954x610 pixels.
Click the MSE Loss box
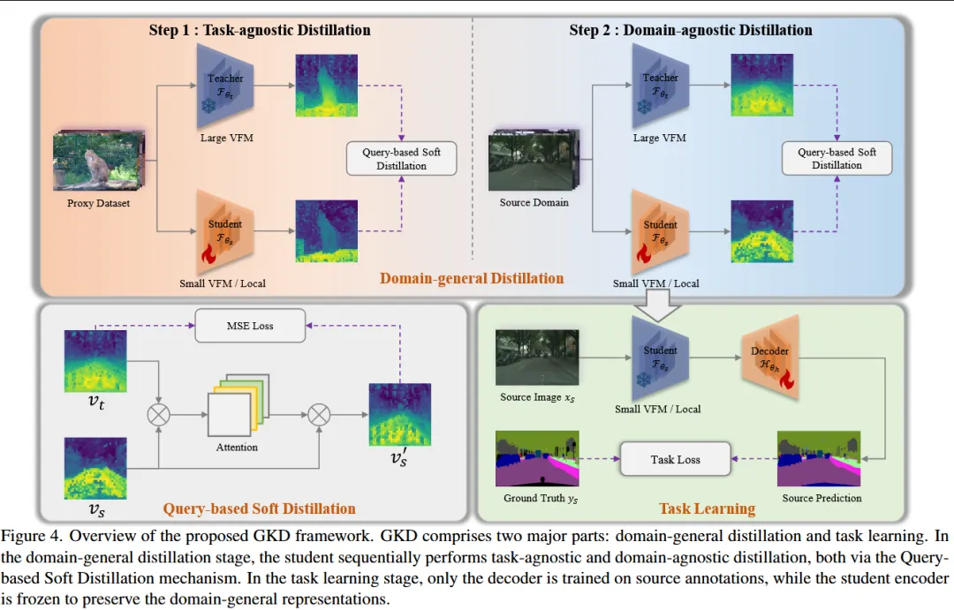point(252,326)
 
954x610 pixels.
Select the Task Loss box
point(676,459)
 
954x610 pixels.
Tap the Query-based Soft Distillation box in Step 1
point(401,159)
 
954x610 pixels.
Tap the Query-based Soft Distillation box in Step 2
point(837,159)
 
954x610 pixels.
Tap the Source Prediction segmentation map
point(819,459)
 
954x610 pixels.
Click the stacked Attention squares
point(237,407)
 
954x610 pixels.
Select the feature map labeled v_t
point(95,361)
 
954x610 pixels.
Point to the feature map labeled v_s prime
point(399,414)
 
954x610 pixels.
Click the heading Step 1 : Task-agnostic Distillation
point(260,30)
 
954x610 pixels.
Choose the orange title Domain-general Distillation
point(472,279)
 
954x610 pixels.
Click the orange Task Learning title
point(707,508)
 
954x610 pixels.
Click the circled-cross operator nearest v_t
point(158,412)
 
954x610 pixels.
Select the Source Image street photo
point(537,358)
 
